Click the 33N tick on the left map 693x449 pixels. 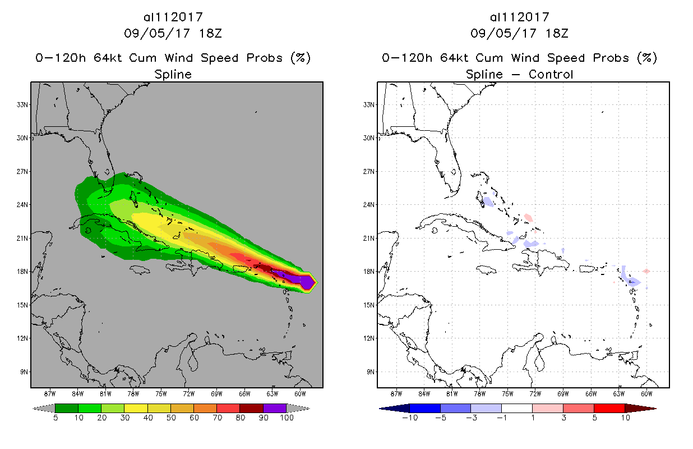23,104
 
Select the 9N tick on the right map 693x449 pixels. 370,372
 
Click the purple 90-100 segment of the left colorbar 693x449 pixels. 275,408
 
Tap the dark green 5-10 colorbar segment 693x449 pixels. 66,408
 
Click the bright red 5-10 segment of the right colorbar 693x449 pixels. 609,408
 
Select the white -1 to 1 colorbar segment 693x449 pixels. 516,408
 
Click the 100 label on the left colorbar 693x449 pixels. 287,418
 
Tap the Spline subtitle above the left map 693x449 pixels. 173,74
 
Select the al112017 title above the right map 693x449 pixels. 519,17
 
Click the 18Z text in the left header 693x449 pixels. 210,33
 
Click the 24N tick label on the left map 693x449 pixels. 23,205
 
